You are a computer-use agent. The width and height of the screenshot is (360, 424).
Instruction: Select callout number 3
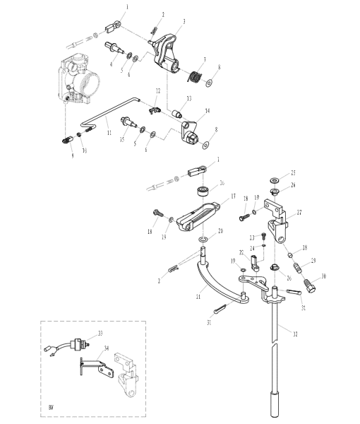click(x=184, y=22)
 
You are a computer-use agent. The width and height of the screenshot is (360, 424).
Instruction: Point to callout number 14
click(x=208, y=111)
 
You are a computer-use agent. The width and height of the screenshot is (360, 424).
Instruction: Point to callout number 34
click(x=107, y=348)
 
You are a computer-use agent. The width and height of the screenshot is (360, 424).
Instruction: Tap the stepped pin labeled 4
click(x=112, y=48)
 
